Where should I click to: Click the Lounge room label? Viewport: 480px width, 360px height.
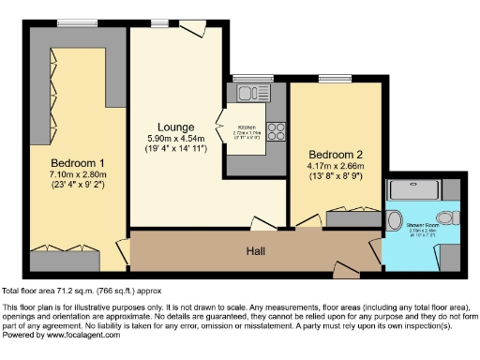tap(175, 127)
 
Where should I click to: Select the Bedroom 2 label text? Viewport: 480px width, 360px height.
tap(336, 153)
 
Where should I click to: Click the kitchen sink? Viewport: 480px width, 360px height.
tap(248, 92)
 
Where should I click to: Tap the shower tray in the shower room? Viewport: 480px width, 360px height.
tap(421, 190)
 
